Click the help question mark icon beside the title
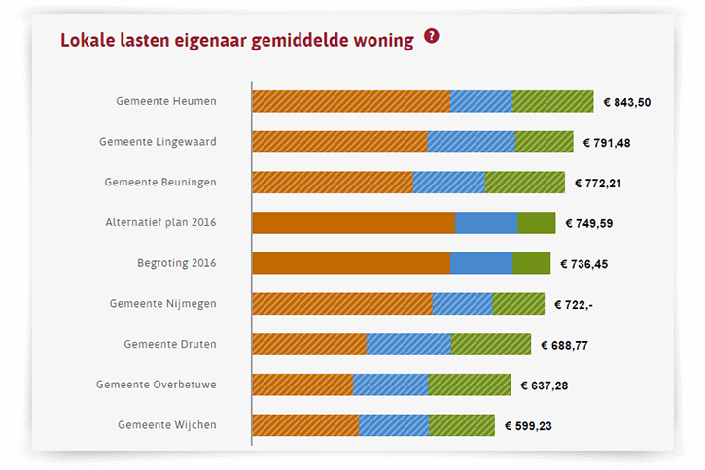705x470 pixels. coord(432,37)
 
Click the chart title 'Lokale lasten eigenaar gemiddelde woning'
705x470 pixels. coord(236,40)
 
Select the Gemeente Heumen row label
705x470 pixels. coord(166,101)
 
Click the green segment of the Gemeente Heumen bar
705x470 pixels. coord(553,101)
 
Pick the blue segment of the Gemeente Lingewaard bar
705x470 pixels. coord(471,142)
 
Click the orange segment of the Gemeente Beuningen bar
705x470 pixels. coord(333,183)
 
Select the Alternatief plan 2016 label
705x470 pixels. coord(160,222)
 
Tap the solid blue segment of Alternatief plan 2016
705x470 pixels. coord(486,222)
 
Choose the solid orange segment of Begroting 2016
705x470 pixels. coord(351,263)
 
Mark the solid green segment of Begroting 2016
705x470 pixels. coord(532,263)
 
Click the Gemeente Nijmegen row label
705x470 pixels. coord(163,304)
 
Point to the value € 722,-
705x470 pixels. coord(574,305)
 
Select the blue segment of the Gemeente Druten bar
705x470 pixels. coord(408,344)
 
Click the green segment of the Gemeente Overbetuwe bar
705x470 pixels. coord(469,385)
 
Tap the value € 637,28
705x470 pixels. coord(545,386)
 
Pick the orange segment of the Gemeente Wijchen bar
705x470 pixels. coord(305,425)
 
